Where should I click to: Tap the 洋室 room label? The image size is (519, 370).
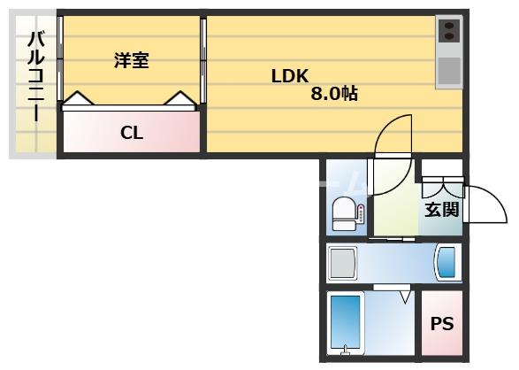[x=131, y=60]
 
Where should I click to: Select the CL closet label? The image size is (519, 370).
[x=132, y=134]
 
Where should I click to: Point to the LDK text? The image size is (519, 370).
[x=289, y=75]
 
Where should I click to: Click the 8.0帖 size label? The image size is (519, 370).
[x=333, y=93]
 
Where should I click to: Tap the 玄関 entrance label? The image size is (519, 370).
[x=441, y=210]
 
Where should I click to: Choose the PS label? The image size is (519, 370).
[x=441, y=324]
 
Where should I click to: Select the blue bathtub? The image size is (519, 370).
[x=345, y=324]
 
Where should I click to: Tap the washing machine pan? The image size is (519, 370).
[x=341, y=263]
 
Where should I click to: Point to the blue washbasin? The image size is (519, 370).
[x=446, y=263]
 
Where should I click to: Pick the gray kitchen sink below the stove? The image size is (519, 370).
[x=449, y=68]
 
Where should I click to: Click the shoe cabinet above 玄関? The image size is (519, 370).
[x=441, y=187]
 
